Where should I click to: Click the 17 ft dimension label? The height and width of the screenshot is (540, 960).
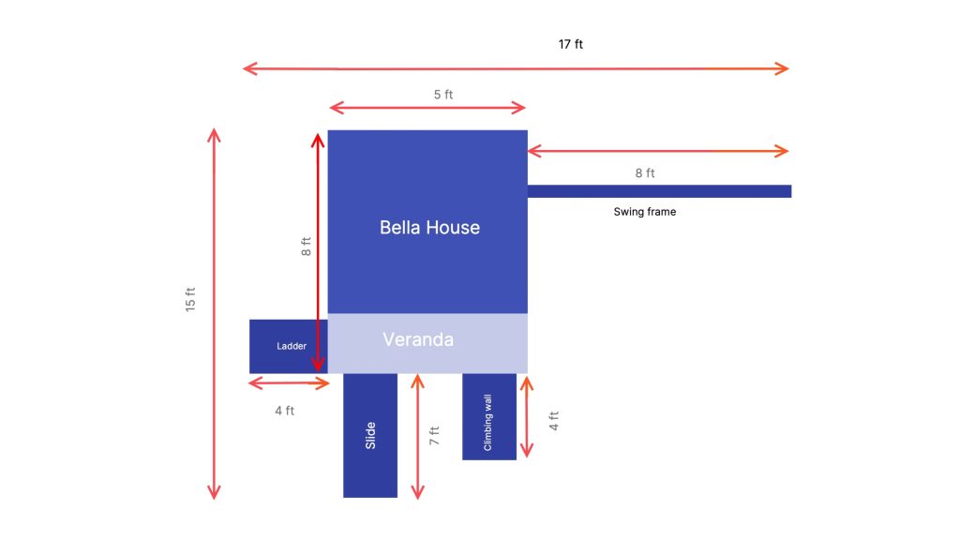[x=571, y=44]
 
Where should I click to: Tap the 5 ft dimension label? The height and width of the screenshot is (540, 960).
[x=443, y=95]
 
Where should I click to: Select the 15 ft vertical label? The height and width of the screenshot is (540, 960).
[x=190, y=299]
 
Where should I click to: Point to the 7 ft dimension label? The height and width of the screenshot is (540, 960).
[x=434, y=435]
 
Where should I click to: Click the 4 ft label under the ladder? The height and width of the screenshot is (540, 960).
[x=284, y=411]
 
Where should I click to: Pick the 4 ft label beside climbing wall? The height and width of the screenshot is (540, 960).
[x=553, y=421]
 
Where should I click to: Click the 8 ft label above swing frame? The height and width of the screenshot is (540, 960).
[x=645, y=173]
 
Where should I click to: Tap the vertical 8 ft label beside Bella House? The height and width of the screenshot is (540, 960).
[x=307, y=247]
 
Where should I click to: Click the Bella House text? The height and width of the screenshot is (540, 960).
[x=429, y=227]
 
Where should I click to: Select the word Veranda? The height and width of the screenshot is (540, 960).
[x=418, y=339]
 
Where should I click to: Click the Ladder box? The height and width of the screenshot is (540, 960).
[x=289, y=346]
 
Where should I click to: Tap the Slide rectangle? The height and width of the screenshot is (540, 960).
[x=369, y=435]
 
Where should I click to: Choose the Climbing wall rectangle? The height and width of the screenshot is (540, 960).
[x=489, y=416]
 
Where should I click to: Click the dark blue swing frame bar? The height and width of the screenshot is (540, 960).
[x=659, y=191]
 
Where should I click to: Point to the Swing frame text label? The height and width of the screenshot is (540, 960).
[x=645, y=212]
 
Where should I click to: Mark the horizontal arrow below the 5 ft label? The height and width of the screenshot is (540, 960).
[x=427, y=109]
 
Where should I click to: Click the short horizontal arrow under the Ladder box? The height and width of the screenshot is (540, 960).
[x=289, y=383]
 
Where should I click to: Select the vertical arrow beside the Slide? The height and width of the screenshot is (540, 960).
[x=417, y=437]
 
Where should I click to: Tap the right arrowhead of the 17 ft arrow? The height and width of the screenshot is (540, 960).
[x=783, y=68]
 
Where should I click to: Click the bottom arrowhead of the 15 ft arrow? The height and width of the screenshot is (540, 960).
[x=214, y=492]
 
